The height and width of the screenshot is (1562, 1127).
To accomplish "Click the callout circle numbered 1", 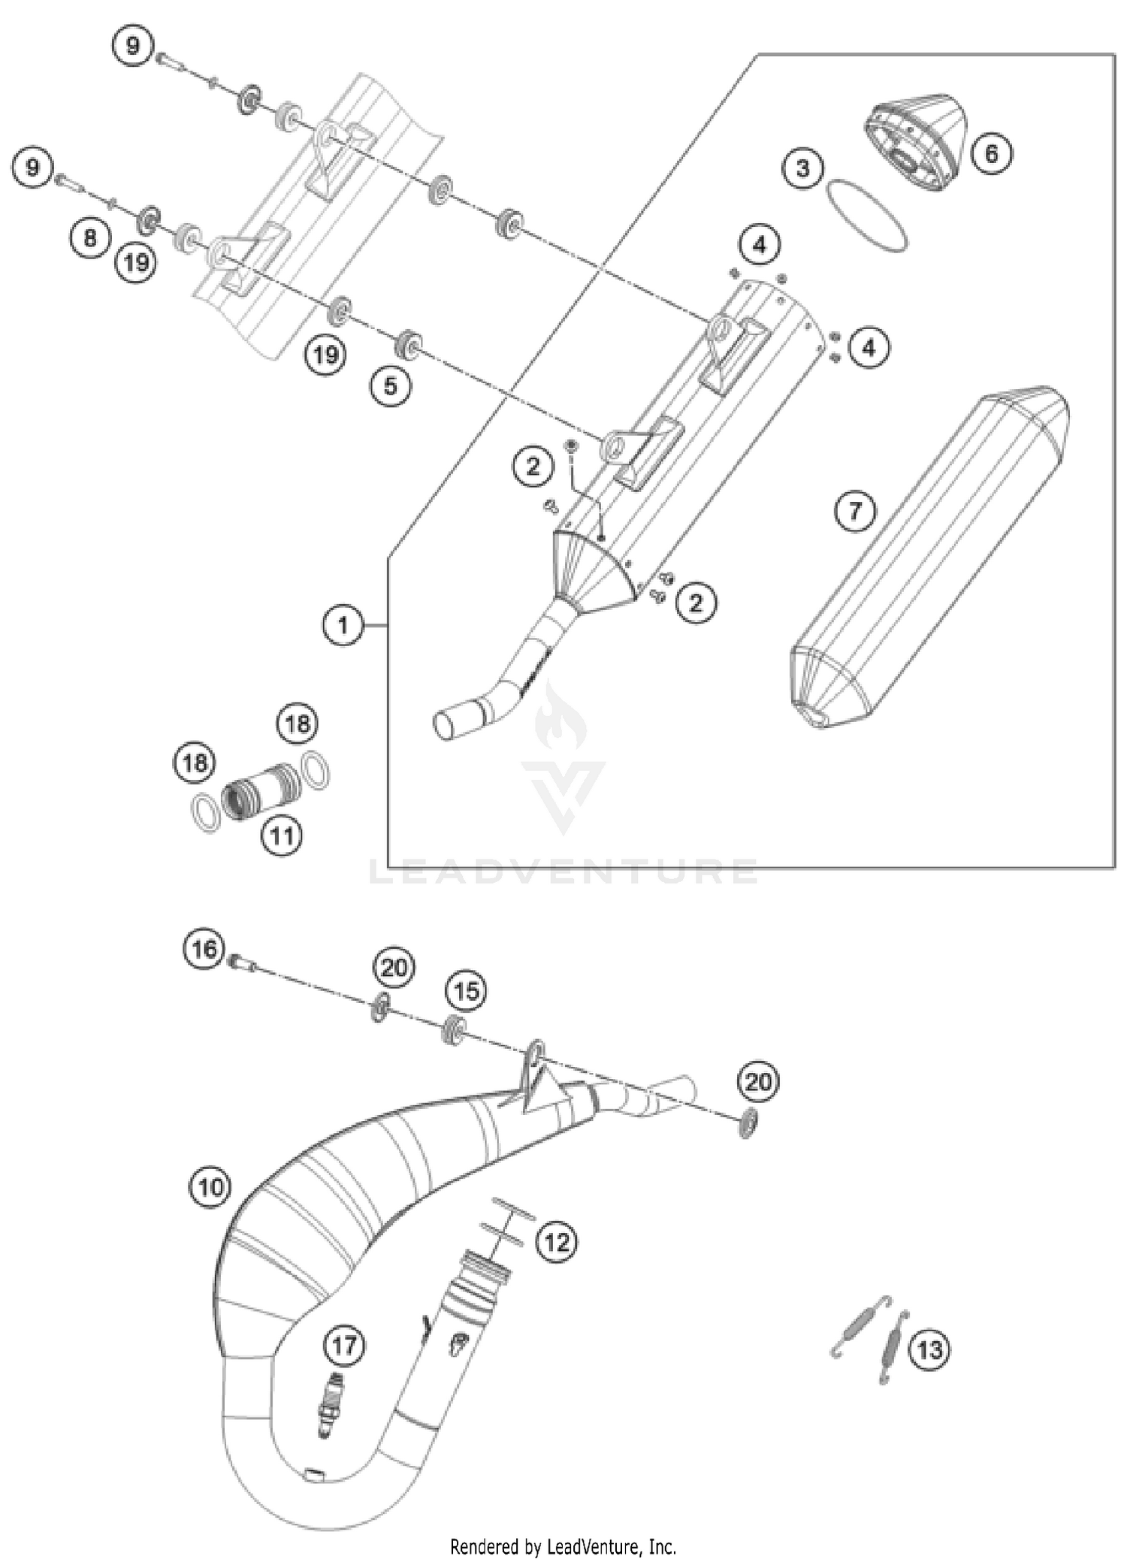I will pyautogui.click(x=343, y=625).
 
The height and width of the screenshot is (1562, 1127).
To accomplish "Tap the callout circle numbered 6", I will pyautogui.click(x=991, y=153).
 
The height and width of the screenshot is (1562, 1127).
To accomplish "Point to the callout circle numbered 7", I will pyautogui.click(x=855, y=512).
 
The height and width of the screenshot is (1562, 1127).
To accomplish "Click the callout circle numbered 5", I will pyautogui.click(x=390, y=386).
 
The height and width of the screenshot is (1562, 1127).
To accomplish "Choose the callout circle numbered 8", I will pyautogui.click(x=90, y=238).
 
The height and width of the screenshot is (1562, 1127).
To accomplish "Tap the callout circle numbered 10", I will pyautogui.click(x=211, y=1187).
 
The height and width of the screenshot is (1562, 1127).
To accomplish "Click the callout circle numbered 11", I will pyautogui.click(x=283, y=835).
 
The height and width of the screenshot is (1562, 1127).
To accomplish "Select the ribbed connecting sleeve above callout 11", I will pyautogui.click(x=263, y=788).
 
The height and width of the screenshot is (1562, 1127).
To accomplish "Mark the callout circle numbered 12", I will pyautogui.click(x=557, y=1241).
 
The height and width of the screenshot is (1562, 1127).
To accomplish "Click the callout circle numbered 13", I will pyautogui.click(x=929, y=1350).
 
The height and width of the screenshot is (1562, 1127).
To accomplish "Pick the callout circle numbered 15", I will pyautogui.click(x=467, y=990).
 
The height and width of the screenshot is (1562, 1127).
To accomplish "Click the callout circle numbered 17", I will pyautogui.click(x=345, y=1345).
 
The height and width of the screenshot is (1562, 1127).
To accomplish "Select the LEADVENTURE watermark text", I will pyautogui.click(x=563, y=872).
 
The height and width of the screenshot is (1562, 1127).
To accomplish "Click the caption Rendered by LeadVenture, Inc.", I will pyautogui.click(x=563, y=1547).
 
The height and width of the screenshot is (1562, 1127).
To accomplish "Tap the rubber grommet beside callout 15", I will pyautogui.click(x=455, y=1029).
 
